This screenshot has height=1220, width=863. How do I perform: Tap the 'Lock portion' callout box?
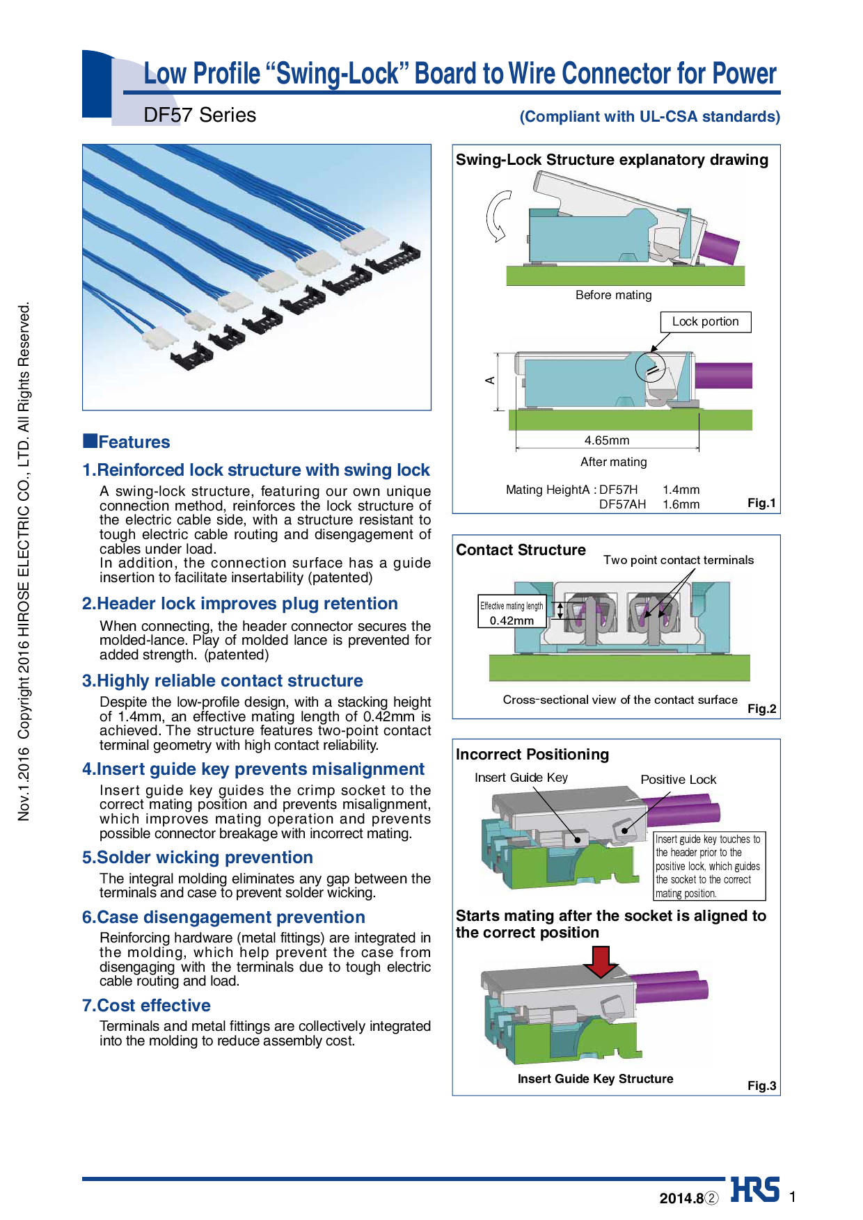(705, 322)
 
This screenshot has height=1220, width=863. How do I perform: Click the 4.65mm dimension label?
(606, 440)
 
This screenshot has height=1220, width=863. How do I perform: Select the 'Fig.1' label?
(761, 503)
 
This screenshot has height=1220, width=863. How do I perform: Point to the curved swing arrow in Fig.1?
(497, 216)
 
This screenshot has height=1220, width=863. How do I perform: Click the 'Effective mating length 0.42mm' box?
(512, 612)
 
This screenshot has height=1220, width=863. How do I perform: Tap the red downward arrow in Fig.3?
(600, 961)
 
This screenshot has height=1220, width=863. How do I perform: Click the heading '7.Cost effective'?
(146, 1006)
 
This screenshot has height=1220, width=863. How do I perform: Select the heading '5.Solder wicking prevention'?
(198, 858)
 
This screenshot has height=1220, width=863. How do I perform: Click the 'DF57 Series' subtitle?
(200, 115)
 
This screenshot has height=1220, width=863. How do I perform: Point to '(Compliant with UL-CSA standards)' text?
(649, 117)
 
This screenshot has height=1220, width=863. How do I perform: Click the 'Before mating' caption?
(613, 295)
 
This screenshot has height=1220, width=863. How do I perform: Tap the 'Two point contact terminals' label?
(678, 561)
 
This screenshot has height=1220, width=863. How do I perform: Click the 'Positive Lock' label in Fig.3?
(678, 780)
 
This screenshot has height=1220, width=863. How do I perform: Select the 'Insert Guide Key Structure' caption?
(595, 1079)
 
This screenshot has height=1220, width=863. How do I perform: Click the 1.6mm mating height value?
(681, 504)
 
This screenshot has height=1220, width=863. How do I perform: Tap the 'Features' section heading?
(134, 442)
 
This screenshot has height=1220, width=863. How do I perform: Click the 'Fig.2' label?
(761, 709)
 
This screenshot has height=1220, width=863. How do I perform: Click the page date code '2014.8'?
(681, 1198)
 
